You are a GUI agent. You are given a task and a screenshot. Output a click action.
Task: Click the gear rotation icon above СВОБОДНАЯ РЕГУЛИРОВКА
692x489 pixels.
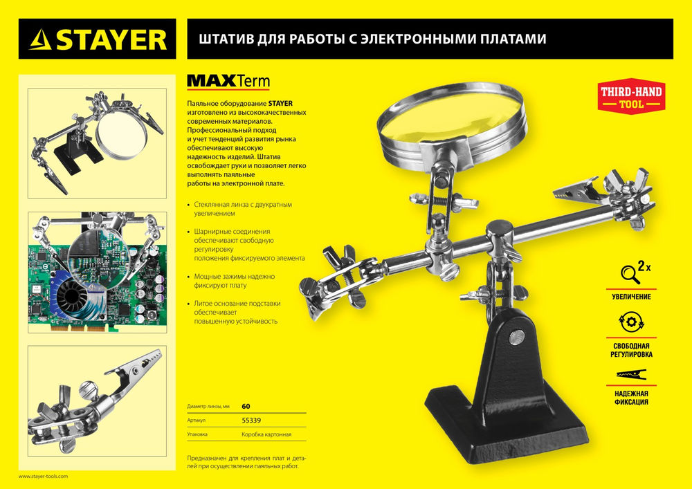pyautogui.click(x=630, y=323)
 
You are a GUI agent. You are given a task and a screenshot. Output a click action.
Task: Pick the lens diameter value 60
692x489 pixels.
pyautogui.click(x=246, y=406)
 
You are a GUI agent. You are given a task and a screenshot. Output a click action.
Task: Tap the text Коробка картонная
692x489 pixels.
pyautogui.click(x=266, y=435)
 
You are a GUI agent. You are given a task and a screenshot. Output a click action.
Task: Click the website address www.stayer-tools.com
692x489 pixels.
pyautogui.click(x=44, y=477)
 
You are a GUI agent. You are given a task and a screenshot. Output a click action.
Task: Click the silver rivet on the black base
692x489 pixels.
pyautogui.click(x=518, y=337)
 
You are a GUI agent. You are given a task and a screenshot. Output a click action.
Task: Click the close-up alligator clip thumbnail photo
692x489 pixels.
pyautogui.click(x=97, y=399)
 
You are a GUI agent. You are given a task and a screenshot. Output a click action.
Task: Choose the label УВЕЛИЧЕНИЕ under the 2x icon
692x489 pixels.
pyautogui.click(x=630, y=296)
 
